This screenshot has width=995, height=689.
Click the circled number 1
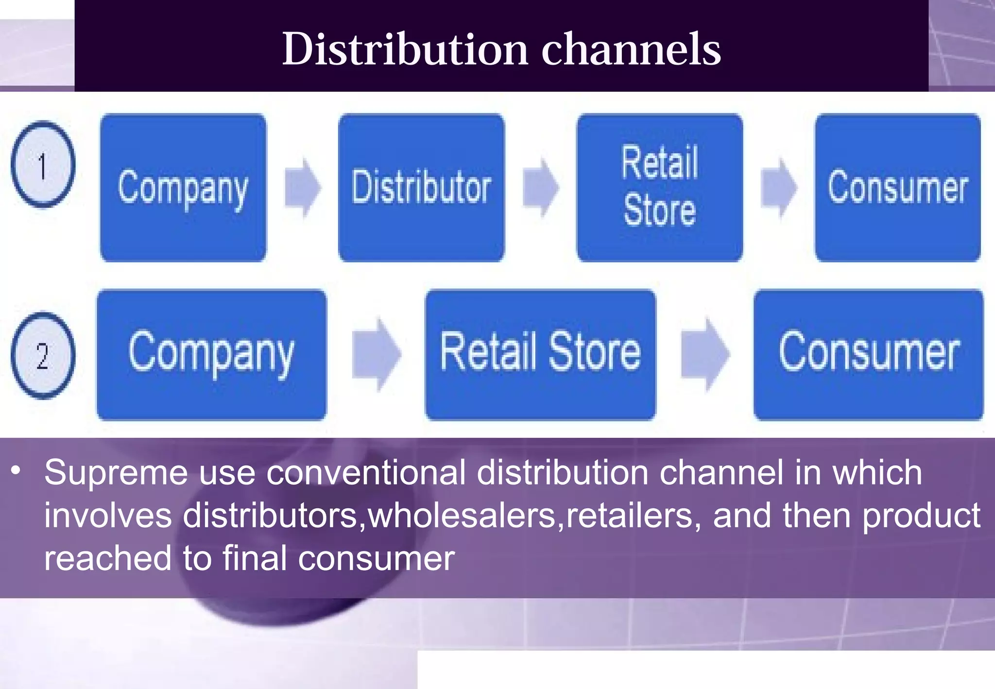tap(43, 165)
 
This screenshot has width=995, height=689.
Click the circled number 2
tap(43, 355)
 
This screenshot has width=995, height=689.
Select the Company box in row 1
tap(183, 188)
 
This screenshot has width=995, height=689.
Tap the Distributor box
tap(421, 188)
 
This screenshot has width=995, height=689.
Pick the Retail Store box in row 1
tap(659, 188)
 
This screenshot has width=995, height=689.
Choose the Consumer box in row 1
tap(897, 188)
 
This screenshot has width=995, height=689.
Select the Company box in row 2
tap(211, 355)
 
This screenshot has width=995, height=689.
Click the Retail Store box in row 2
tap(540, 355)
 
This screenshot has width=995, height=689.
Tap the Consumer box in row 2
tap(868, 355)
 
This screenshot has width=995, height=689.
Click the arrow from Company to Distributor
tap(303, 188)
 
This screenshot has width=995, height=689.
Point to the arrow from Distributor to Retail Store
tap(541, 188)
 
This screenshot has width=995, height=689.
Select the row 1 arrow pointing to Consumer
tap(779, 188)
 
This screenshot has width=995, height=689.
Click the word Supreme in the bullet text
tap(116, 473)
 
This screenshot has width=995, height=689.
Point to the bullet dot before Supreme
tap(17, 470)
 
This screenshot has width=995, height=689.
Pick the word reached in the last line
tap(107, 558)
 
